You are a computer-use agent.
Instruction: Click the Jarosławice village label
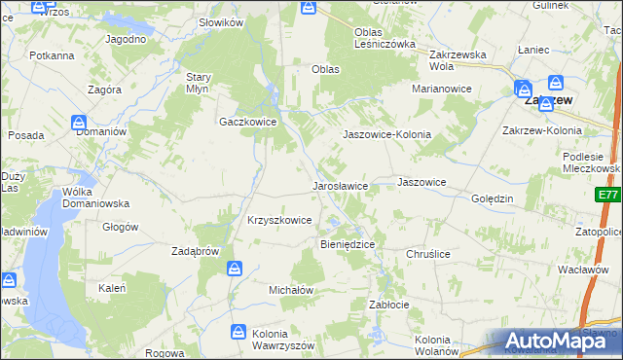[x=339, y=185]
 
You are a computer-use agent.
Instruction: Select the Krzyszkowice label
[x=279, y=221]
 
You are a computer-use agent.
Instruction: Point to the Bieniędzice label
[x=348, y=243]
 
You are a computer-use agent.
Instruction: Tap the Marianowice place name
[x=441, y=89]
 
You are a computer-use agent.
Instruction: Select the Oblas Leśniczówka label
[x=385, y=37]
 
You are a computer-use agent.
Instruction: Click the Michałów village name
[x=290, y=290]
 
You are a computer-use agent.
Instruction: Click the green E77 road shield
[x=608, y=196]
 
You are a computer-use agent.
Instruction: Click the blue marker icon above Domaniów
[x=78, y=122]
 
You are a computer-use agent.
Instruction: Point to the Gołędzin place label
[x=492, y=198]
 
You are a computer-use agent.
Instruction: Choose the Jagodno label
[x=127, y=39]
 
